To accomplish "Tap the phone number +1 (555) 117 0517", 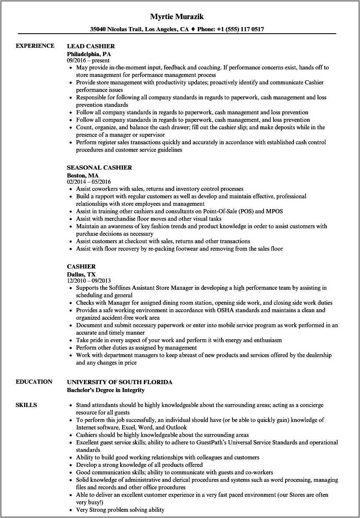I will [237, 30].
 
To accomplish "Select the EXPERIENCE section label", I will [35, 46].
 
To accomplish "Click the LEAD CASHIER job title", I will [91, 46].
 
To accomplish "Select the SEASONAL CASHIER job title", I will [99, 168].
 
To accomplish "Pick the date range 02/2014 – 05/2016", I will [89, 182].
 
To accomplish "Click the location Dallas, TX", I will [81, 274].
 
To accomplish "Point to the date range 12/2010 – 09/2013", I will [89, 281].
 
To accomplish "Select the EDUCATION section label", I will [34, 382].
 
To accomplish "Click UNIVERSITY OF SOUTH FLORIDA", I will [119, 382].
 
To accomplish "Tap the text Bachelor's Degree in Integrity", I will [106, 390].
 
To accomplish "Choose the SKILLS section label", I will [26, 405].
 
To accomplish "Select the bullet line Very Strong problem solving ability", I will [120, 510].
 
